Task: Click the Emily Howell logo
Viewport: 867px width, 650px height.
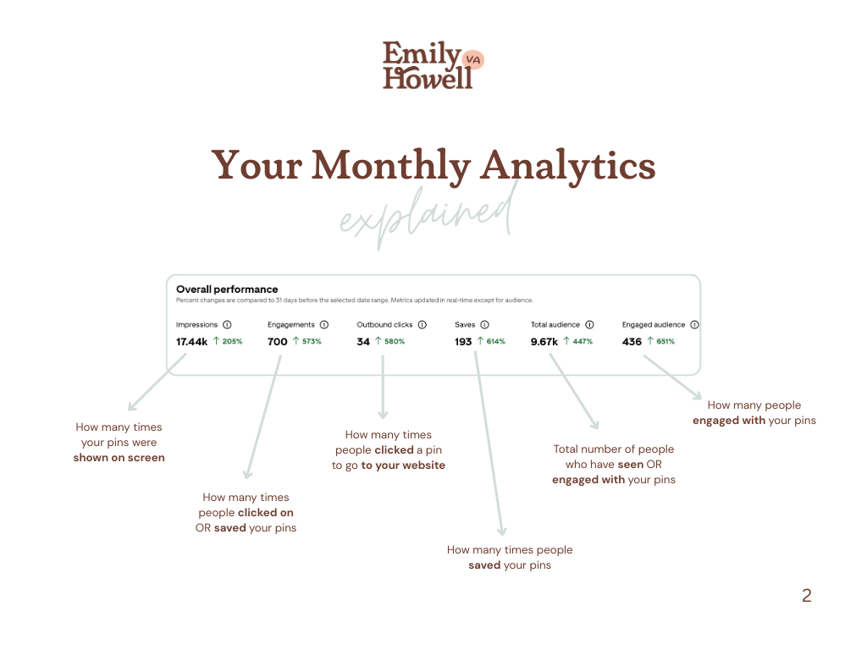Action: pyautogui.click(x=432, y=65)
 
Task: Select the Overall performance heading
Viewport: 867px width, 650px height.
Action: pyautogui.click(x=227, y=289)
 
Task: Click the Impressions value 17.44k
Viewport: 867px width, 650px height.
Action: pyautogui.click(x=191, y=342)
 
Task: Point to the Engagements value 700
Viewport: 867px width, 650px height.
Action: pyautogui.click(x=277, y=342)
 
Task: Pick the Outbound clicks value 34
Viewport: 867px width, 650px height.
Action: pyautogui.click(x=363, y=342)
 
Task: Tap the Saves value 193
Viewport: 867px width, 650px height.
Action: pyautogui.click(x=463, y=342)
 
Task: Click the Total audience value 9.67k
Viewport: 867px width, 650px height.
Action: pyautogui.click(x=544, y=342)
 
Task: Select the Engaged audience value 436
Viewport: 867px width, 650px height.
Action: pyautogui.click(x=632, y=342)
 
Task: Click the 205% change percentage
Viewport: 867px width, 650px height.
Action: pyautogui.click(x=232, y=342)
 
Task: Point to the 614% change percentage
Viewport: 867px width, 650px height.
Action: pyautogui.click(x=495, y=342)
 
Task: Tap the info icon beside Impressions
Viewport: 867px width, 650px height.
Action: pyautogui.click(x=227, y=324)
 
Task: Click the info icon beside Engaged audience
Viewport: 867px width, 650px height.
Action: pyautogui.click(x=694, y=324)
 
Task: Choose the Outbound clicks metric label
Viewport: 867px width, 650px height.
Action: pyautogui.click(x=384, y=324)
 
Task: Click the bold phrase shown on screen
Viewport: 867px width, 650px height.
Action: pyautogui.click(x=119, y=458)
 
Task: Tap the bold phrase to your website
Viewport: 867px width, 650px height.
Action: pyautogui.click(x=403, y=465)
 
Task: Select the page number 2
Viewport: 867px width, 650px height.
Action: pyautogui.click(x=806, y=596)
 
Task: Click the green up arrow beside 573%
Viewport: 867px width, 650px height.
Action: pyautogui.click(x=296, y=342)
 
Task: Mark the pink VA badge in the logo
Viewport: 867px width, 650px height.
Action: pyautogui.click(x=473, y=59)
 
